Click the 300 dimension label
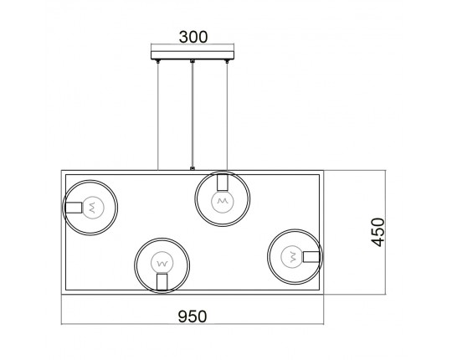pos(193,37)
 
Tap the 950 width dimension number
pos(193,316)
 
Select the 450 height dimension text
pos(378,232)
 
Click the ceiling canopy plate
pos(193,55)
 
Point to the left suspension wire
pos(158,116)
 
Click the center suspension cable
pos(193,115)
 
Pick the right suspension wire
pos(227,116)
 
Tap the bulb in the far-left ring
pos(93,207)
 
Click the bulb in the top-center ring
pos(223,201)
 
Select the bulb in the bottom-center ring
pos(162,263)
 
